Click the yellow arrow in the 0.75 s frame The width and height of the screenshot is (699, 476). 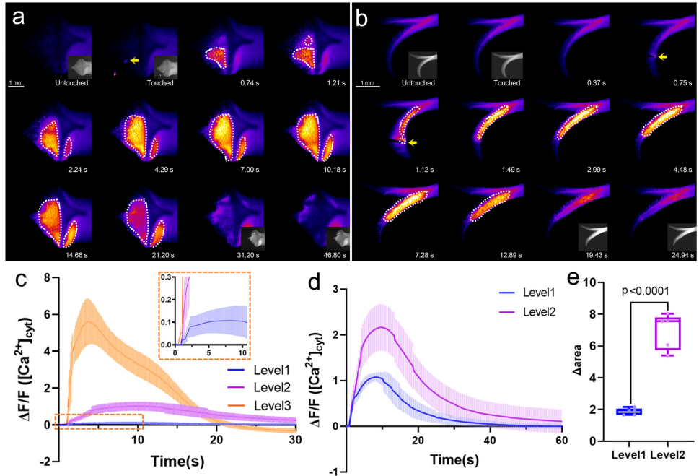[662, 56]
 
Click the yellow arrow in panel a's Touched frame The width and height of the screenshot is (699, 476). [134, 61]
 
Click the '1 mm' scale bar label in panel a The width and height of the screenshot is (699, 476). [16, 83]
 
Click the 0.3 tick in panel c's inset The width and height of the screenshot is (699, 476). [165, 277]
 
